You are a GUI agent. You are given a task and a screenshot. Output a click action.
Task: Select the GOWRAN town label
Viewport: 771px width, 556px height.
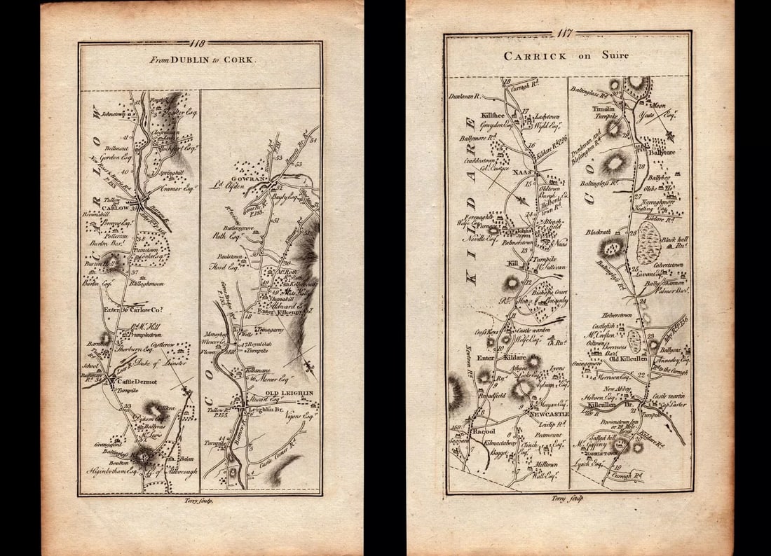coord(256,180)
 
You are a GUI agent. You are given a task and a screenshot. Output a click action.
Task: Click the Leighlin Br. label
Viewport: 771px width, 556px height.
coord(262,411)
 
